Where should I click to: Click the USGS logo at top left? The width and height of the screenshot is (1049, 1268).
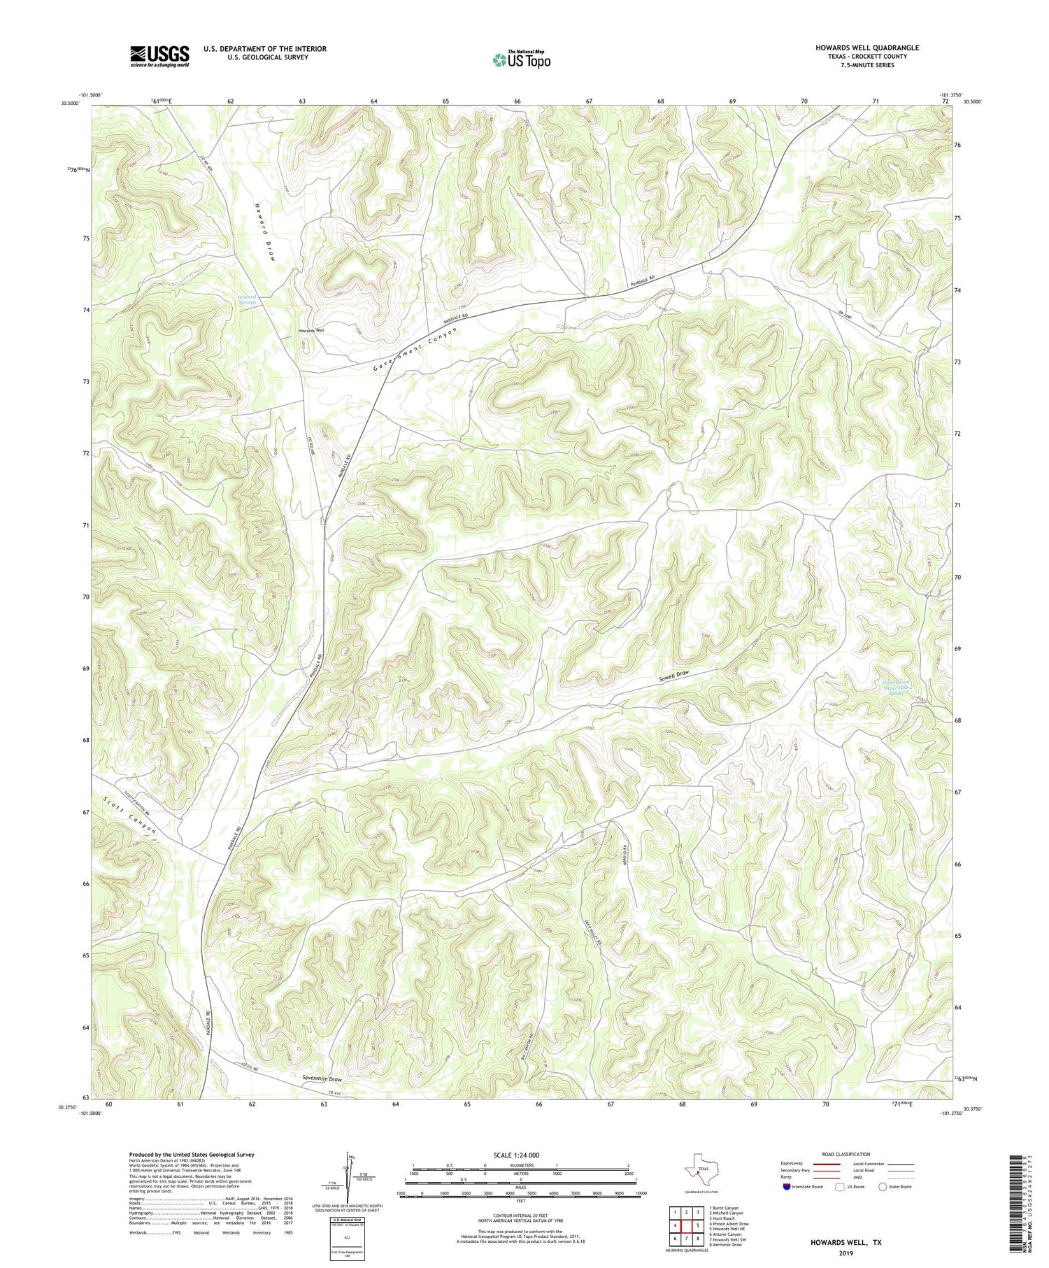(x=159, y=56)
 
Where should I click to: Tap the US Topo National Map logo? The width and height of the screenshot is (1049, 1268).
(x=520, y=59)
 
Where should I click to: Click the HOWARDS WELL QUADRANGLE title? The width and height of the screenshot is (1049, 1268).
(x=866, y=48)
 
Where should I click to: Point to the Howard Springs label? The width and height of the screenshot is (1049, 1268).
(x=246, y=299)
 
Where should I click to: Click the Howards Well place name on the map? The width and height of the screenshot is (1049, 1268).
(x=311, y=331)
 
